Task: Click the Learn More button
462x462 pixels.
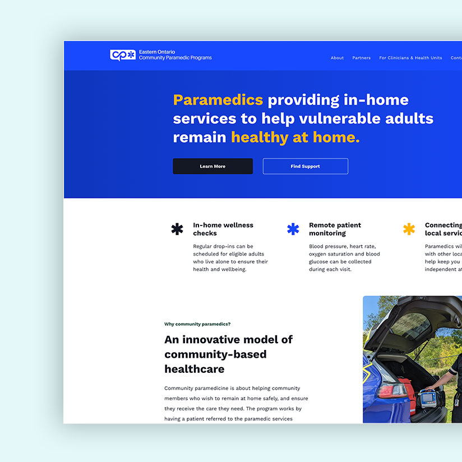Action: pyautogui.click(x=212, y=167)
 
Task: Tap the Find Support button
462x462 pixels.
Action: pyautogui.click(x=305, y=167)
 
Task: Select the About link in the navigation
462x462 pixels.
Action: pyautogui.click(x=337, y=58)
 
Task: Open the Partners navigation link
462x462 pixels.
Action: pyautogui.click(x=361, y=58)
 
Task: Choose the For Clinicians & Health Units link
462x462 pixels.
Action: pyautogui.click(x=410, y=58)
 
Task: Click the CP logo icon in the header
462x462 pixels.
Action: pyautogui.click(x=123, y=55)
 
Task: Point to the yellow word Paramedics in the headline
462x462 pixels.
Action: pyautogui.click(x=218, y=100)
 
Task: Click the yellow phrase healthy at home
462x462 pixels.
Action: pyautogui.click(x=295, y=137)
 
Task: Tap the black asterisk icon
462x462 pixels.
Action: pyautogui.click(x=177, y=229)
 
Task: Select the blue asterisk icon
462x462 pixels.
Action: pyautogui.click(x=293, y=229)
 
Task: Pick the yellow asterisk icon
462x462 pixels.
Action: pyautogui.click(x=409, y=229)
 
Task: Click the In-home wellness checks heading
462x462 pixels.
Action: pyautogui.click(x=223, y=229)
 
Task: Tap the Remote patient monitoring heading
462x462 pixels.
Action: pyautogui.click(x=335, y=229)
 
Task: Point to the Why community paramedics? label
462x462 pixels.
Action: pyautogui.click(x=197, y=324)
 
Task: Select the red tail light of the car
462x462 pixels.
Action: pyautogui.click(x=392, y=390)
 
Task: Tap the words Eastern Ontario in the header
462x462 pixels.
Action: pyautogui.click(x=157, y=52)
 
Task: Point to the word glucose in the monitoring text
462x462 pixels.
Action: pyautogui.click(x=320, y=262)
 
